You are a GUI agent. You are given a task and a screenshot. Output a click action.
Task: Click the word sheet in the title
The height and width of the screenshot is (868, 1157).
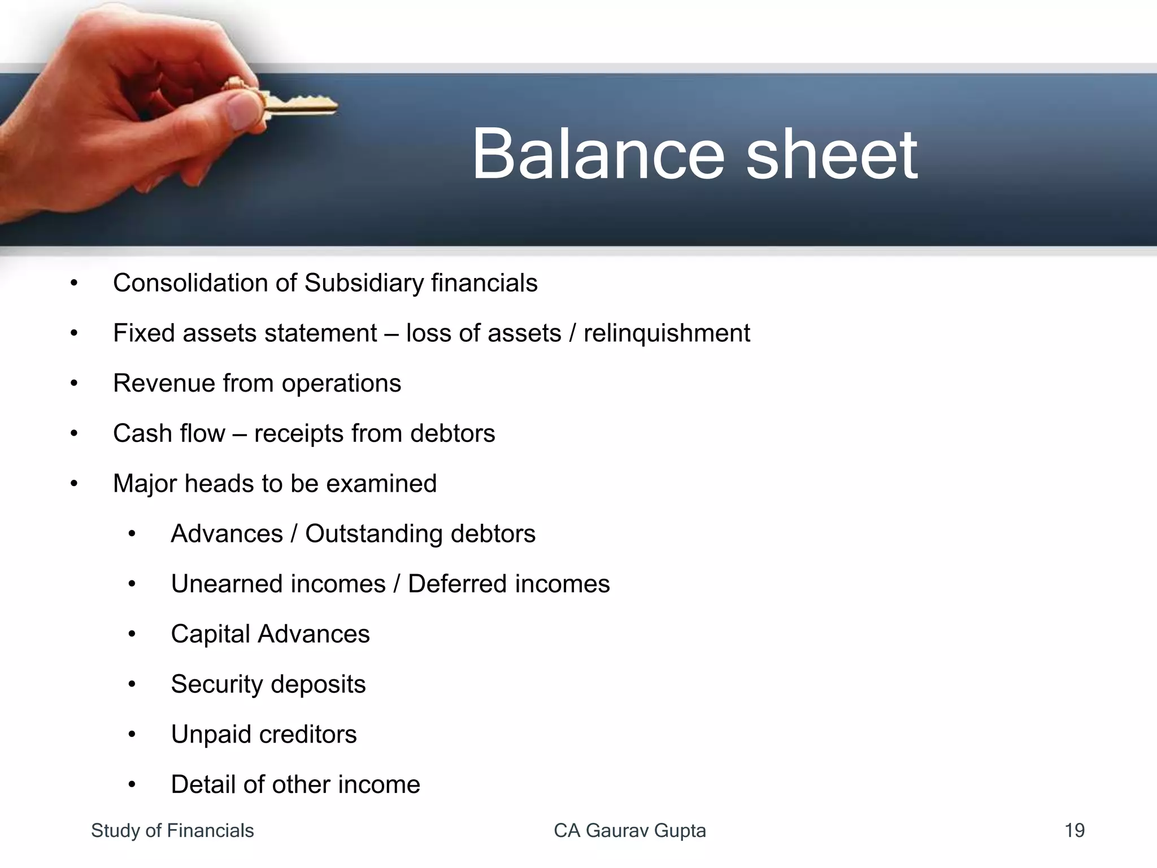pyautogui.click(x=832, y=154)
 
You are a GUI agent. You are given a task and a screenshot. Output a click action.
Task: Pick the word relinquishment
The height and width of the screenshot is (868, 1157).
pyautogui.click(x=667, y=333)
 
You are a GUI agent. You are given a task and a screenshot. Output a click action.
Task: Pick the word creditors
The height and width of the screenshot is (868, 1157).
pyautogui.click(x=308, y=735)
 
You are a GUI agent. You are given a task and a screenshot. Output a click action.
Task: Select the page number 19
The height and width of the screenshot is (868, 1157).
pyautogui.click(x=1074, y=831)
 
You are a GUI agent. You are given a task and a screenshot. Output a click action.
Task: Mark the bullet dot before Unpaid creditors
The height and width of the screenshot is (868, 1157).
pyautogui.click(x=132, y=735)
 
